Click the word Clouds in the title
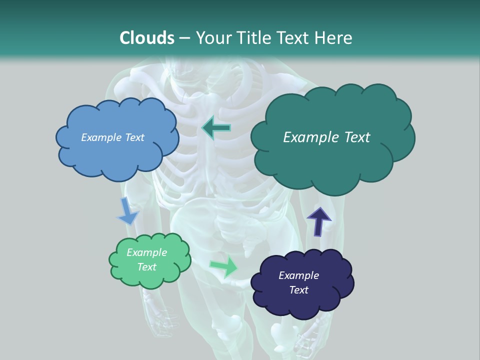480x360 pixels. pyautogui.click(x=146, y=37)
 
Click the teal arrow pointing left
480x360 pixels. pyautogui.click(x=216, y=128)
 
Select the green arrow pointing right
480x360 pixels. pyautogui.click(x=224, y=266)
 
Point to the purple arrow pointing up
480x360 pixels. pyautogui.click(x=318, y=220)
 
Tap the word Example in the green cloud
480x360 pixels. pyautogui.click(x=147, y=252)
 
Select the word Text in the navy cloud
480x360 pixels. pyautogui.click(x=298, y=290)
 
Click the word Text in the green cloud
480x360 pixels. pyautogui.click(x=147, y=267)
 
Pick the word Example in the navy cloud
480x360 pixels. pyautogui.click(x=298, y=275)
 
